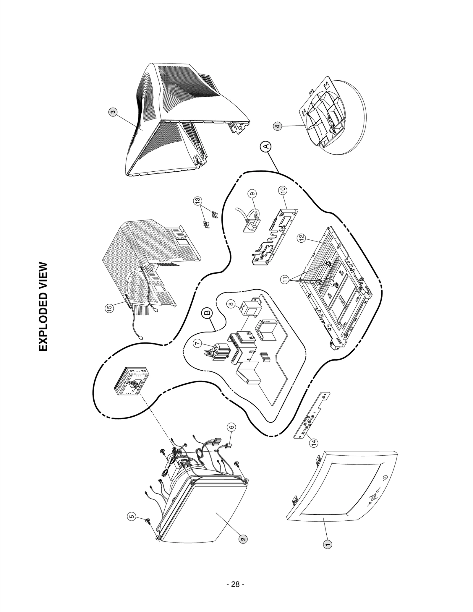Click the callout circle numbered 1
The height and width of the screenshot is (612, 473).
(327, 544)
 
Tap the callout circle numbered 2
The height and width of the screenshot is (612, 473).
(242, 539)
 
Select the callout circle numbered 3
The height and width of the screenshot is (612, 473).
(112, 112)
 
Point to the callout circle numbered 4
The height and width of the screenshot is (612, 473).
(277, 126)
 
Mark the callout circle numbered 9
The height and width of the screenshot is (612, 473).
(252, 194)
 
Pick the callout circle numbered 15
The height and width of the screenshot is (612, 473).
(110, 308)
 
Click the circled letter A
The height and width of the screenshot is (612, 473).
(266, 146)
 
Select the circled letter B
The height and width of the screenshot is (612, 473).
(207, 313)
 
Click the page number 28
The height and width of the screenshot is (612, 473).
(235, 584)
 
